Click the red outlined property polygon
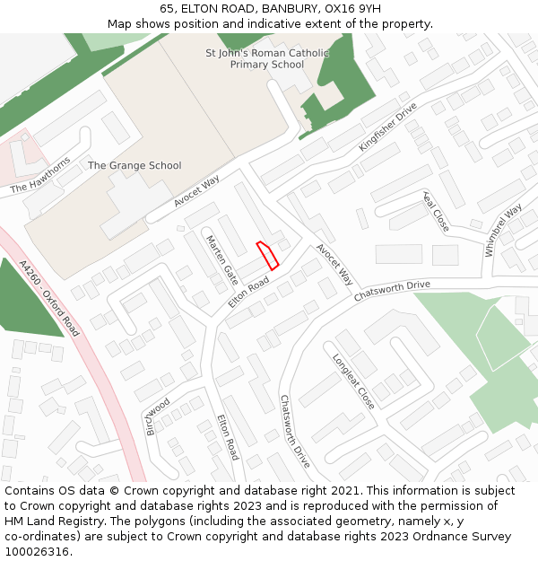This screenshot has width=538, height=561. pos(268,255)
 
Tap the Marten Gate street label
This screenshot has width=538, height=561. pos(221,259)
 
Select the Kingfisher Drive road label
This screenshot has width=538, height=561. pos(388,127)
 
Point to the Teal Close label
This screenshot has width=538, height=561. pos(436,212)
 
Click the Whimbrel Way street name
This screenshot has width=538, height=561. pos(503,231)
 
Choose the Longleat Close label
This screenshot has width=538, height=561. pos(353,381)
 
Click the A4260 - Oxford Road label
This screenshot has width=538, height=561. pos(49,299)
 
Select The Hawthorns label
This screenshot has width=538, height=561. pos(40,176)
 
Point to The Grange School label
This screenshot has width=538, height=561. pos(134,165)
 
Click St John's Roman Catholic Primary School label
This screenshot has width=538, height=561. pos(267,58)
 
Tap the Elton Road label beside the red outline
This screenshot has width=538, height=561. pos(248,293)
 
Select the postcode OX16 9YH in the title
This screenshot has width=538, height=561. pos(345,9)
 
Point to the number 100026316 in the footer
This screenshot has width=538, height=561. pos(37,551)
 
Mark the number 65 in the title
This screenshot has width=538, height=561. pos(167,9)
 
